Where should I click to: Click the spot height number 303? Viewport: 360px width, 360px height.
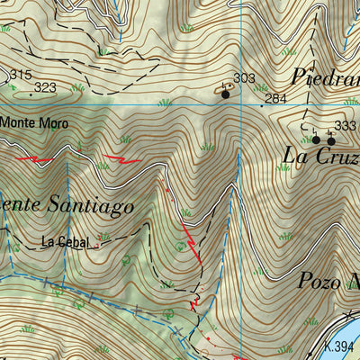(x=244, y=79)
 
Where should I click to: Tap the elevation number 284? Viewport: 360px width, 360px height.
(x=275, y=98)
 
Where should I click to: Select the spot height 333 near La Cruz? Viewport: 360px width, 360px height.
(x=345, y=126)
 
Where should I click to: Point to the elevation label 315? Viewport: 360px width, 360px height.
(x=20, y=74)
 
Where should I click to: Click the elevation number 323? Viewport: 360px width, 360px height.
(x=45, y=88)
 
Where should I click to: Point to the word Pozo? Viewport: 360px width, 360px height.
(x=319, y=281)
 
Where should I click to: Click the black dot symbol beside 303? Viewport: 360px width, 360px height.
(x=225, y=92)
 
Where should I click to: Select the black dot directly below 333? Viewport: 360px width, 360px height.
(x=330, y=140)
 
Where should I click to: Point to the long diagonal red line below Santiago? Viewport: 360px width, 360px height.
(x=190, y=238)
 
